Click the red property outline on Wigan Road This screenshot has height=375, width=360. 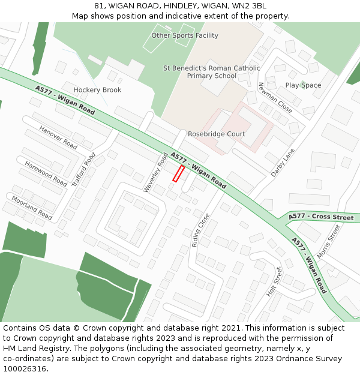(x=178, y=173)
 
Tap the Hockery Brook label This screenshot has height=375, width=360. (x=97, y=90)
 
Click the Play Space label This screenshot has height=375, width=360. (x=303, y=85)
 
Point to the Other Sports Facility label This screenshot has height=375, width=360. (x=185, y=35)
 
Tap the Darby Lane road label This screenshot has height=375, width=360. (x=283, y=162)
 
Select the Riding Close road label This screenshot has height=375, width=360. (x=200, y=230)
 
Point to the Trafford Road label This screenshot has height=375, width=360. (x=83, y=170)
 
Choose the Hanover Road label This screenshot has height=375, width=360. (x=58, y=137)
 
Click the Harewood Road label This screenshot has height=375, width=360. (x=46, y=173)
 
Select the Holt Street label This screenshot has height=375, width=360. (x=274, y=281)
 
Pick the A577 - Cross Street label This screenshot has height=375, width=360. (x=321, y=217)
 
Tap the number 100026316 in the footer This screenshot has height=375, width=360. (x=25, y=369)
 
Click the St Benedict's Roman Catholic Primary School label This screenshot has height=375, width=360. (x=212, y=72)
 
